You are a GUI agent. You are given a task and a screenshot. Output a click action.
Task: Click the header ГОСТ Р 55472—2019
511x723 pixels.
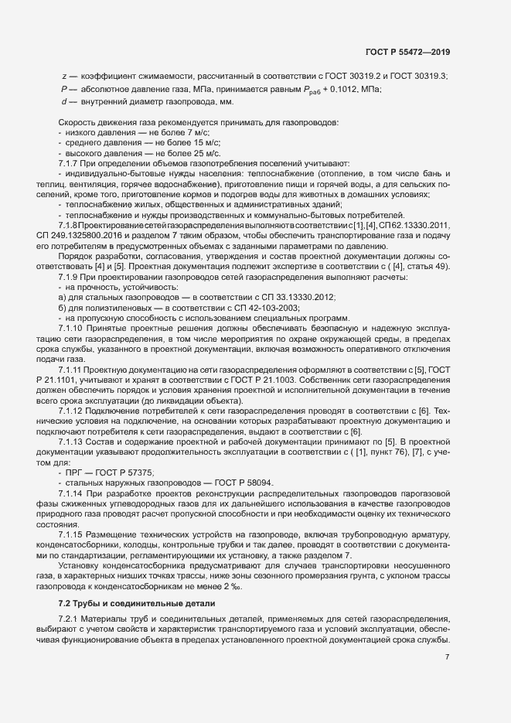click(407, 52)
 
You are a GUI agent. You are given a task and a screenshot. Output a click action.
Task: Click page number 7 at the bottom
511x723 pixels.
click(448, 656)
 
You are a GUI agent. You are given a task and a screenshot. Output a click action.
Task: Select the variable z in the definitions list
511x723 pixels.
click(63, 75)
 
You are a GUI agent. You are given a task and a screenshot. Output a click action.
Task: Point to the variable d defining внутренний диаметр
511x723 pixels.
click(63, 101)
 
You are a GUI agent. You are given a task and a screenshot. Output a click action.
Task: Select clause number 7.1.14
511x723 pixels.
click(73, 493)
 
